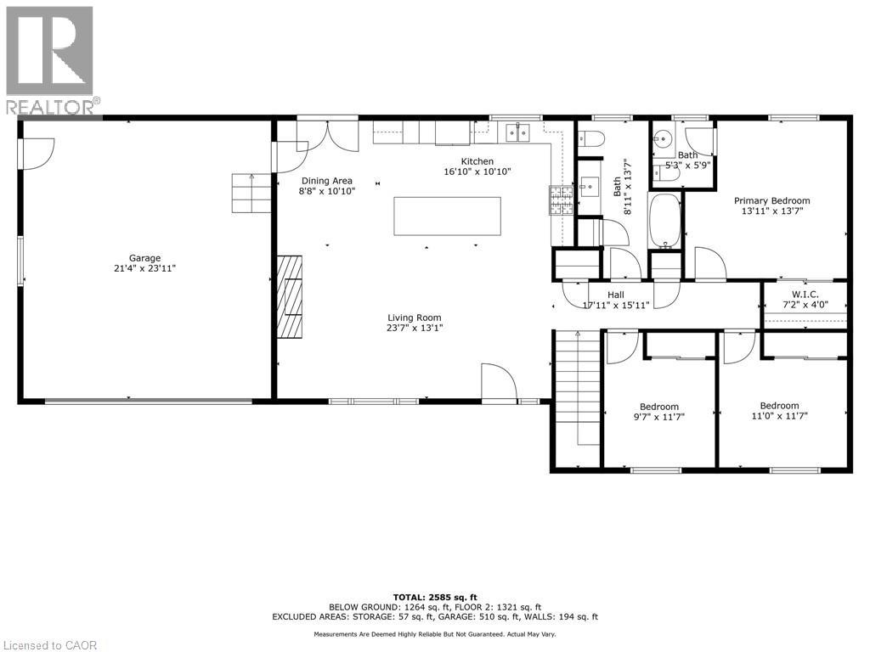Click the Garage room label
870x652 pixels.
click(144, 258)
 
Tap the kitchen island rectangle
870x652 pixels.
click(447, 216)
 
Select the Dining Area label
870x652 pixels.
click(327, 181)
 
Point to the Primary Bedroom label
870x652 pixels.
click(771, 201)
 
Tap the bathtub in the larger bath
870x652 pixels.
click(664, 220)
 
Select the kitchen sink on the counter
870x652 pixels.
click(517, 132)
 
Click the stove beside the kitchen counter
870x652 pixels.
click(560, 200)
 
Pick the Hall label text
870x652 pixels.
click(616, 294)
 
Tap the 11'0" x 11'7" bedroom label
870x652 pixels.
click(778, 406)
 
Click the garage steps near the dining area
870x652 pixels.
click(252, 193)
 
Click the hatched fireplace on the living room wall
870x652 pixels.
click(292, 296)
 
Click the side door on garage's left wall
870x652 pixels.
click(36, 152)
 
